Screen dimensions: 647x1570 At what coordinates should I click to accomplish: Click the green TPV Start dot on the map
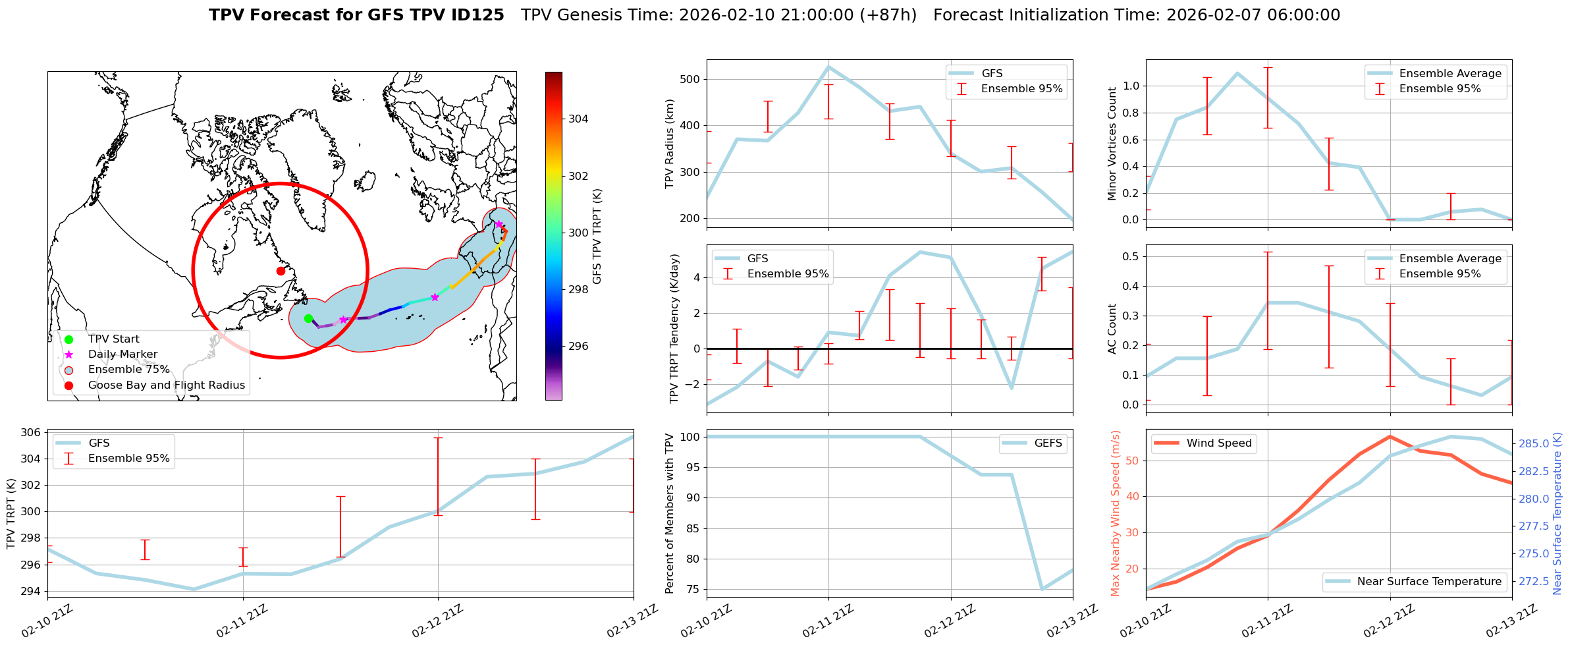pos(308,319)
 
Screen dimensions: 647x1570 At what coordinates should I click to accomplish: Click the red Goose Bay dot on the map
pos(281,271)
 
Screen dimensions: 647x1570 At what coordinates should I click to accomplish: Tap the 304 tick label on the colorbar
pos(578,119)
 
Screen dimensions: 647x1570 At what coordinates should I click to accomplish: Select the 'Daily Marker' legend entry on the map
pos(122,354)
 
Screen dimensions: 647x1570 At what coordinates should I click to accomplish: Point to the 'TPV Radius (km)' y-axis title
pos(670,144)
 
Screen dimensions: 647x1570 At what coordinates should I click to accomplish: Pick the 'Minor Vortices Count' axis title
pos(1112,144)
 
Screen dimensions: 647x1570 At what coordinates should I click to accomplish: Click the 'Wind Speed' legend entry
pos(1218,443)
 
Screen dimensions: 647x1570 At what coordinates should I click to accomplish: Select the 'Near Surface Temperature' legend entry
pos(1429,582)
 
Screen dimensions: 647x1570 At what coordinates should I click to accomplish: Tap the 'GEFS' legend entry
pos(1048,443)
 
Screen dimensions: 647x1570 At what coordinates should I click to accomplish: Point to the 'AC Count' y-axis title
pos(1112,329)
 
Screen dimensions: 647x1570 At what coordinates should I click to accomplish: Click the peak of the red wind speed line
pos(1390,436)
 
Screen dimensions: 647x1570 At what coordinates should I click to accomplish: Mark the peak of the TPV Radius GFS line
pos(828,66)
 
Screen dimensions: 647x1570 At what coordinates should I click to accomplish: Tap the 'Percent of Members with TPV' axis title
pos(670,513)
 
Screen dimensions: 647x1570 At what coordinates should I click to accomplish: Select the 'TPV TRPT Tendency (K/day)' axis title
pos(674,329)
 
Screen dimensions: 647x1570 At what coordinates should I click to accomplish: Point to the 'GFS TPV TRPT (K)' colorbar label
pos(597,236)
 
